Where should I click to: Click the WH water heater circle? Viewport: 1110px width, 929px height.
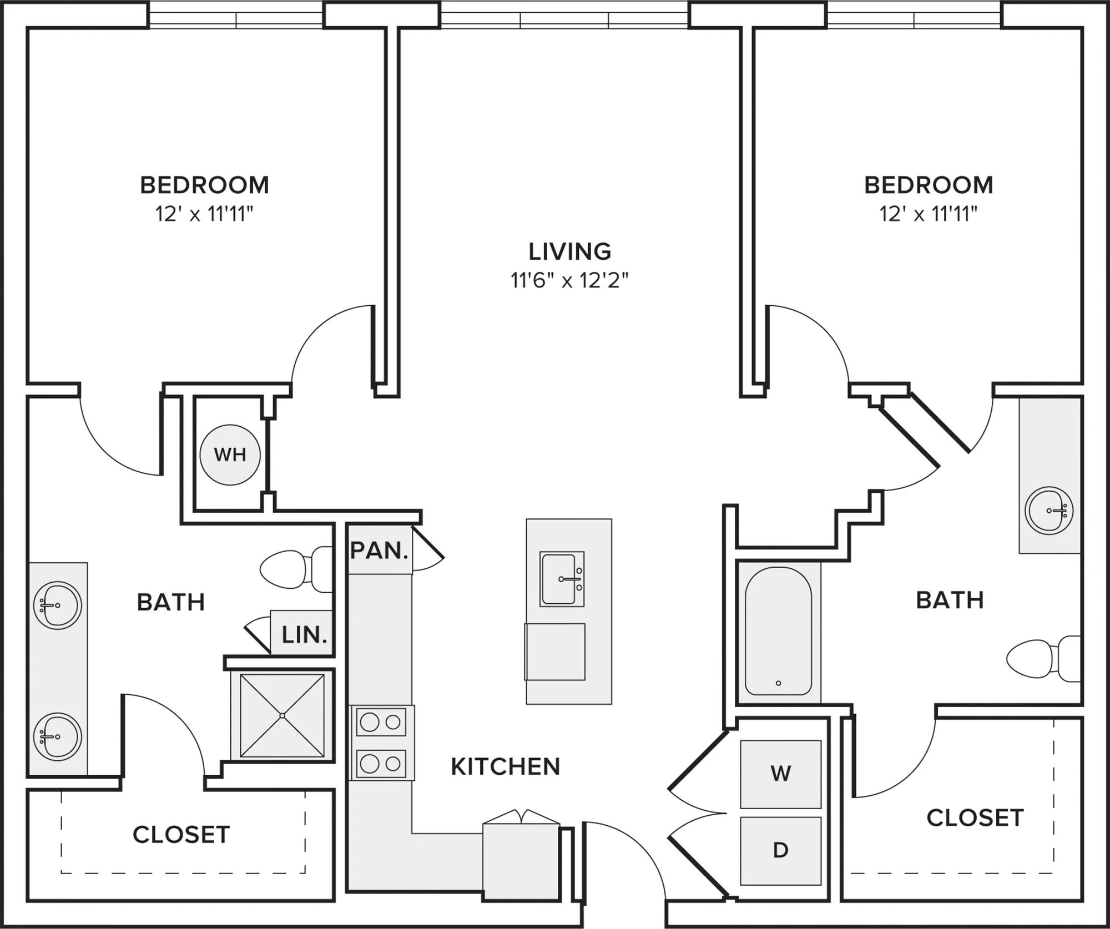(230, 455)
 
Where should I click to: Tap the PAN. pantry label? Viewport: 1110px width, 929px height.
(380, 551)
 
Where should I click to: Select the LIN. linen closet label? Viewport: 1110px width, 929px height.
(304, 635)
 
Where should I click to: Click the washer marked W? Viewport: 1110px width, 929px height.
(780, 774)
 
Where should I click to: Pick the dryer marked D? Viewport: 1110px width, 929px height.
(780, 850)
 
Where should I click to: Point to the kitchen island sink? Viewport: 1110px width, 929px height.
(562, 579)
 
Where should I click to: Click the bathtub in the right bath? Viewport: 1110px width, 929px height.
(778, 631)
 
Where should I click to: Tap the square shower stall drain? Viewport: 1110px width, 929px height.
(282, 716)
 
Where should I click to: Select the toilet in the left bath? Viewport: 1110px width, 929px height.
(296, 569)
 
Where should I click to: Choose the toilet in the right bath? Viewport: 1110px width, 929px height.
(1043, 659)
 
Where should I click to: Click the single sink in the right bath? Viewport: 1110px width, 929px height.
(1049, 511)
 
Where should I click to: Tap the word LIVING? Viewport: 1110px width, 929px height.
(569, 251)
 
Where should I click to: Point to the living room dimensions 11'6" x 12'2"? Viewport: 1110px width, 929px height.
(569, 280)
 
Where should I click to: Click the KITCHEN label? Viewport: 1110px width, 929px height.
(506, 766)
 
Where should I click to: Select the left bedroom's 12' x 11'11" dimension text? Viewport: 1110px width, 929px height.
(204, 214)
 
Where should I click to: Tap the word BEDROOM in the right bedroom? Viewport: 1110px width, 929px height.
(929, 185)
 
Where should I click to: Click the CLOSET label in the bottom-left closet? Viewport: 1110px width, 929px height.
(181, 835)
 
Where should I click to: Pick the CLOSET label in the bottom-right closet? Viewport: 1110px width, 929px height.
(975, 818)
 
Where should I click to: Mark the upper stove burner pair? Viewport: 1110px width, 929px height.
(381, 722)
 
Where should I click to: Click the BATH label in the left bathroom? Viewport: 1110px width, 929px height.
(171, 602)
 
